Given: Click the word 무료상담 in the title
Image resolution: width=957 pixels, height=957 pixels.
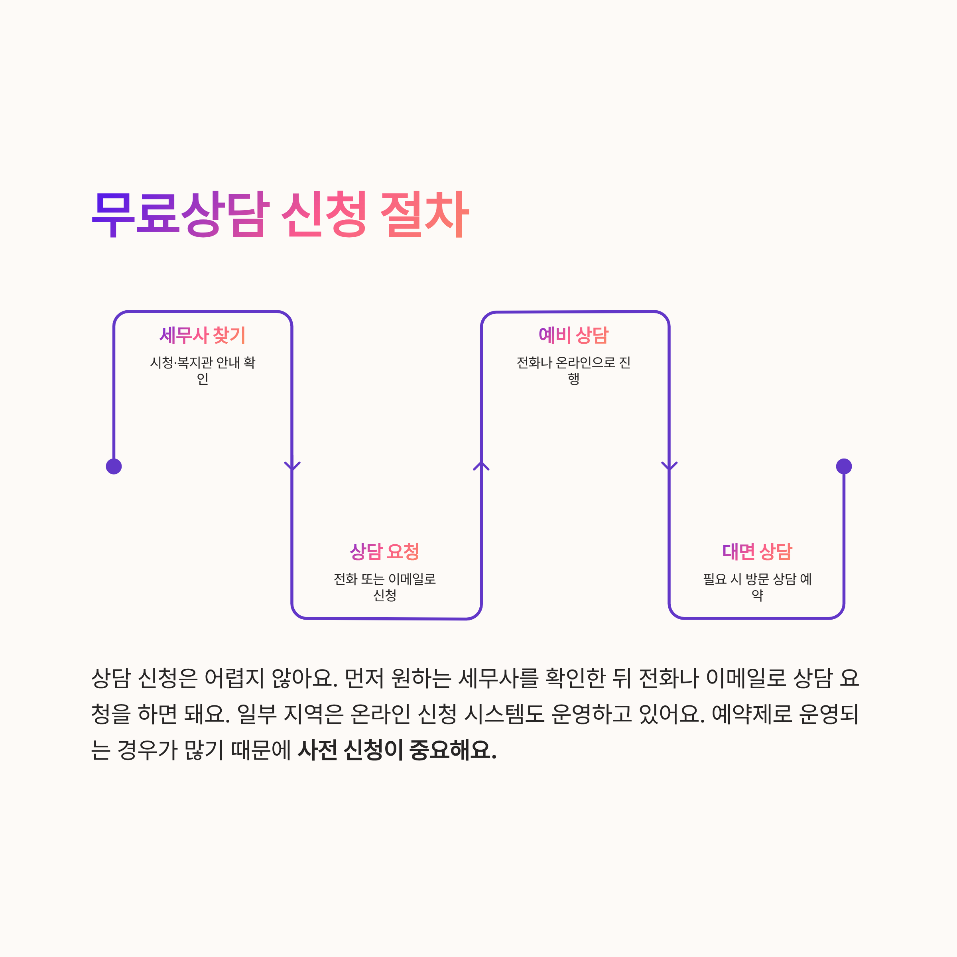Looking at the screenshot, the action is (181, 214).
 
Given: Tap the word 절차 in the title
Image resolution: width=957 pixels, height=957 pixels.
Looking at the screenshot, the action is (425, 214).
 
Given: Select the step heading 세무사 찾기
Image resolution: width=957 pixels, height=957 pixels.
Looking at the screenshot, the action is (203, 335).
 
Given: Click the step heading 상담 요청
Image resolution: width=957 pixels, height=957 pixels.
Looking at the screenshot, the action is (384, 551).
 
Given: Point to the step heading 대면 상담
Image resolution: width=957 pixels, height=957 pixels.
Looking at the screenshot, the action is (757, 551).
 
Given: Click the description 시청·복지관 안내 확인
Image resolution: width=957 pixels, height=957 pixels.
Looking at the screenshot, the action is (203, 370).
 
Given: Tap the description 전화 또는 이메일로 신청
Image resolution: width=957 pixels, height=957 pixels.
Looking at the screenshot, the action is (384, 587).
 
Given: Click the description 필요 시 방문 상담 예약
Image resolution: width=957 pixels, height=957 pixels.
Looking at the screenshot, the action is (757, 587).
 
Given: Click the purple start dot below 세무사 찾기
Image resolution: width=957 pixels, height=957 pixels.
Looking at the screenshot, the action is (114, 466).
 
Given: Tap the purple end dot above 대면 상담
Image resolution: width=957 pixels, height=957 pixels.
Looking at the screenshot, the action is (844, 466).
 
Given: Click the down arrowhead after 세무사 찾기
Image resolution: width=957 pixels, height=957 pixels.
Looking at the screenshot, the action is (292, 466).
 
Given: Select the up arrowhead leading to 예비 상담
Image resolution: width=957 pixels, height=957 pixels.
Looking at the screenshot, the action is (481, 466).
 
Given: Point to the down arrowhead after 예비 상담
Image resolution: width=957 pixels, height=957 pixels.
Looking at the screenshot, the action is (669, 466).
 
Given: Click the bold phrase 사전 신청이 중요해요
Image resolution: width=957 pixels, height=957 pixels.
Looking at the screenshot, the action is (397, 750).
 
